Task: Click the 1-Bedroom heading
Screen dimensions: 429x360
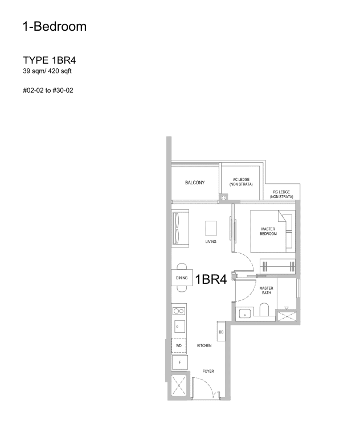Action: click(55, 26)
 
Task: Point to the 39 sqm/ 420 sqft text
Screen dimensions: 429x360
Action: click(47, 71)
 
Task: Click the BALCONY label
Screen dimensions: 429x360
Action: click(195, 183)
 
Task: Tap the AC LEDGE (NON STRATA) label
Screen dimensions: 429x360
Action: click(240, 183)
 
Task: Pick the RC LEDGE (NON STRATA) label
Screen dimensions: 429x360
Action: click(281, 194)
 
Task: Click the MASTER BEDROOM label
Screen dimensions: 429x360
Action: click(268, 231)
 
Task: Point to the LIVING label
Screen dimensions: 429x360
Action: click(211, 242)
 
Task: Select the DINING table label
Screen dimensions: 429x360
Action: click(182, 278)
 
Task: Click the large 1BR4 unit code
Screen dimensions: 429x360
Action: click(211, 279)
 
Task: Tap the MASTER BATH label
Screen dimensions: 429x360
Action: click(266, 290)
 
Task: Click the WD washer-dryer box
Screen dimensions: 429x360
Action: click(179, 345)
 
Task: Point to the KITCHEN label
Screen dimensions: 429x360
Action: click(204, 345)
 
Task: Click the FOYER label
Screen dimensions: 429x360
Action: click(208, 371)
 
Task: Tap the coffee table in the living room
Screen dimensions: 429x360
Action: click(211, 228)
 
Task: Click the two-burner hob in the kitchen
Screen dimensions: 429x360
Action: click(179, 311)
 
